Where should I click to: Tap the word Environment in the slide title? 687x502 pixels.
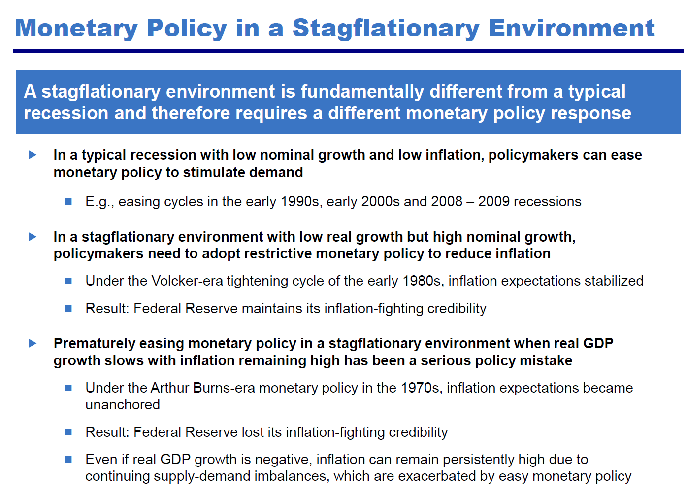coord(571,29)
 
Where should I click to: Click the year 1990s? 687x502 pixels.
coord(300,202)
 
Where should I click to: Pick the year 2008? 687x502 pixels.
coord(447,202)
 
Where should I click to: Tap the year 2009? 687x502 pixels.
coord(494,202)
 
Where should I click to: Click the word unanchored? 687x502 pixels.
coord(123,405)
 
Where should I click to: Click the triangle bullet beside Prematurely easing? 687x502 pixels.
coord(33,343)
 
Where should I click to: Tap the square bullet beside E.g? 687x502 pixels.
coord(68,201)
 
